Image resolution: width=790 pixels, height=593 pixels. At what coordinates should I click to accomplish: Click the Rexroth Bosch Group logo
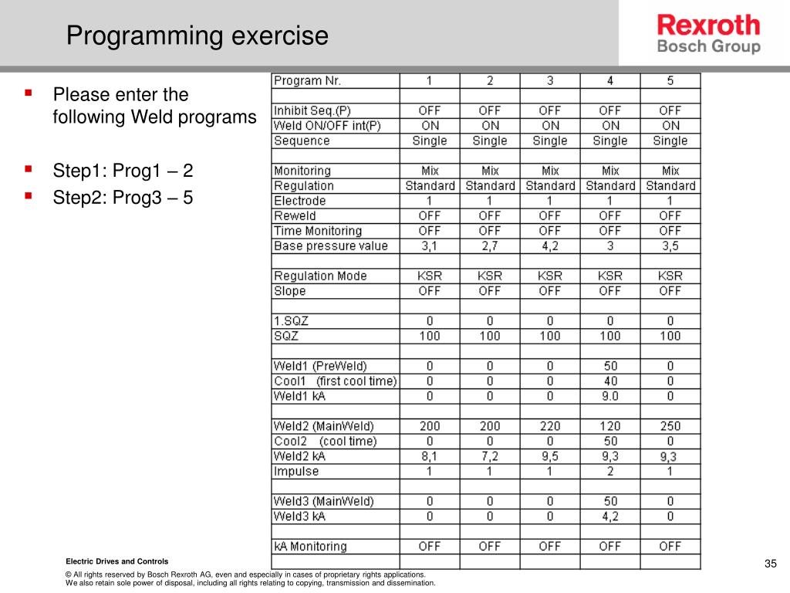[x=708, y=35]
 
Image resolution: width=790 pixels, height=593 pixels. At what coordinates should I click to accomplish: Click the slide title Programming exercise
[x=197, y=36]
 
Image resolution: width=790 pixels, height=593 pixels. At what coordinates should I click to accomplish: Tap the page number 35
[x=770, y=563]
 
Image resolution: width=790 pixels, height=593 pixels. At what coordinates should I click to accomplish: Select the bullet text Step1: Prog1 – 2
[x=123, y=171]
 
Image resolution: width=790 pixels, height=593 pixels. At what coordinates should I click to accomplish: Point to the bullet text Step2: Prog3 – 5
[x=123, y=198]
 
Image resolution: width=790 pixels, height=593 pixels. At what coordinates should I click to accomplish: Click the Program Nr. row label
[x=308, y=80]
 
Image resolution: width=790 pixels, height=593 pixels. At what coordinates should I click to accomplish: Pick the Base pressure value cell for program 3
[x=550, y=246]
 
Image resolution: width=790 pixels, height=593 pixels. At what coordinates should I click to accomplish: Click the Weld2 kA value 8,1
[x=430, y=456]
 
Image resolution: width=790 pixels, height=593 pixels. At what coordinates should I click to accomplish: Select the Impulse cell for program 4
[x=610, y=471]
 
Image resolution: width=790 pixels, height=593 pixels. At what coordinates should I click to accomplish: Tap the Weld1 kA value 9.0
[x=610, y=396]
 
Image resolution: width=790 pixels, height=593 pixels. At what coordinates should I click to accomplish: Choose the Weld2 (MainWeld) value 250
[x=670, y=426]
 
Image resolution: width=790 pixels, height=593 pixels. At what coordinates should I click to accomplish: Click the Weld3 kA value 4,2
[x=610, y=516]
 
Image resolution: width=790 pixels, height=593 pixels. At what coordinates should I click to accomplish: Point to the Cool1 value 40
[x=610, y=381]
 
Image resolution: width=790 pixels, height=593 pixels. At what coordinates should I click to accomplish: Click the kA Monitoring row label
[x=311, y=547]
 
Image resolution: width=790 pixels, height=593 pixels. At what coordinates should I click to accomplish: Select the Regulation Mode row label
[x=320, y=276]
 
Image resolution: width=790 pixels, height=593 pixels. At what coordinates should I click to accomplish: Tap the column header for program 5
[x=670, y=80]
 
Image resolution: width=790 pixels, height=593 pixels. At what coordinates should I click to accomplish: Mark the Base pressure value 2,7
[x=490, y=246]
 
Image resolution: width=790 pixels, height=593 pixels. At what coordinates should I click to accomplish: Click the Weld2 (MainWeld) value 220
[x=550, y=426]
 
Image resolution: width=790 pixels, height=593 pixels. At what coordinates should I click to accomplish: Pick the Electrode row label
[x=300, y=201]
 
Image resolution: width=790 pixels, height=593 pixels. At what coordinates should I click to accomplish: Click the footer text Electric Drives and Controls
[x=116, y=561]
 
